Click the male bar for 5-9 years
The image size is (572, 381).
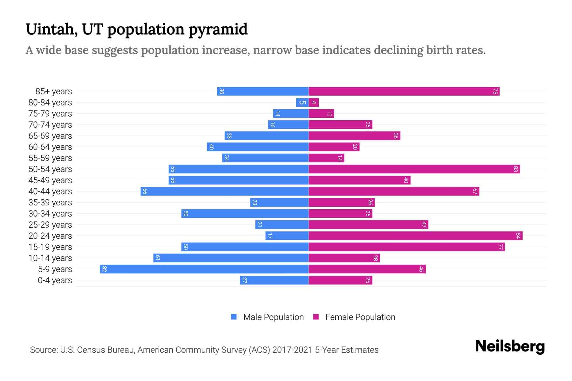pos(204,269)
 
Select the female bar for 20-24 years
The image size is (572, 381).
pos(415,236)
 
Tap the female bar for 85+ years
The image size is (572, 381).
pos(404,91)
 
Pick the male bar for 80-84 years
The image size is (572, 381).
pos(302,102)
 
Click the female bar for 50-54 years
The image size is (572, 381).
pos(414,169)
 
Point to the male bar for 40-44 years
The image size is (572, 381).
pos(224,191)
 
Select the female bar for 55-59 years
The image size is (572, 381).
pos(326,158)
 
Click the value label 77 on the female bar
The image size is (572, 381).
pos(500,247)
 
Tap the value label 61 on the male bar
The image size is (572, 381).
pos(158,258)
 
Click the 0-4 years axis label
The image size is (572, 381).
pos(55,280)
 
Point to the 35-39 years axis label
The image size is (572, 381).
pos(50,203)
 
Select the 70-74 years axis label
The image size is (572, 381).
pos(50,125)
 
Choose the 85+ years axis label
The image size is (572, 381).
pos(54,91)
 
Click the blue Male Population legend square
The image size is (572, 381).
pos(234,317)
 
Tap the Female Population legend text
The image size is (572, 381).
pos(360,317)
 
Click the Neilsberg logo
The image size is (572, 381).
pos(510,346)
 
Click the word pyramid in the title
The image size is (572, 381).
pos(218,30)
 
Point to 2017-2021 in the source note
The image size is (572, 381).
pos(292,350)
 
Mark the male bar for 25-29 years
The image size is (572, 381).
pos(282,224)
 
